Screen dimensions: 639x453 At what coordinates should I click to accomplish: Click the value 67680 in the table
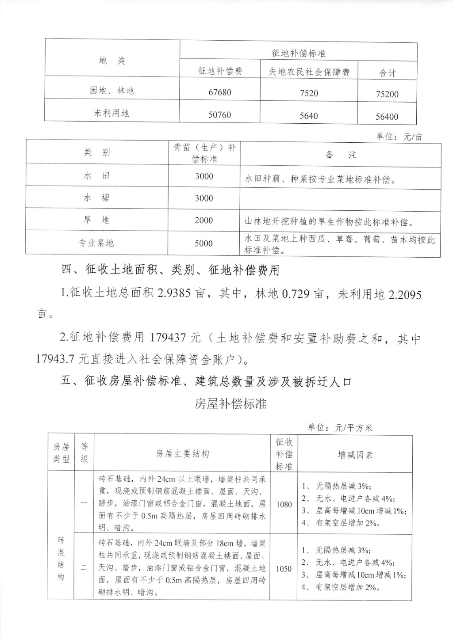(x=220, y=92)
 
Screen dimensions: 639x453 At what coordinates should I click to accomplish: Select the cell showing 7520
(x=309, y=93)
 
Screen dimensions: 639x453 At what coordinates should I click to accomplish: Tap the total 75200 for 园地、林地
(x=387, y=94)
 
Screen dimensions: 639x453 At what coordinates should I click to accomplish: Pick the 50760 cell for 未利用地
(x=220, y=115)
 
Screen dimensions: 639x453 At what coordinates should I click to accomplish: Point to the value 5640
(x=309, y=116)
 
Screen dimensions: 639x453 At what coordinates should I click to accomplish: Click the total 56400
(x=387, y=117)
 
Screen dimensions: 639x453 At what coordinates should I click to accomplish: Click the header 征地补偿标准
(x=299, y=53)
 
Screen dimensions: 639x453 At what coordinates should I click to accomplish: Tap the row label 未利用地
(x=111, y=113)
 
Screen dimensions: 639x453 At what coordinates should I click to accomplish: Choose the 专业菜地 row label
(x=96, y=243)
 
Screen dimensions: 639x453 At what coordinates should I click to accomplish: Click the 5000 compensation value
(x=204, y=243)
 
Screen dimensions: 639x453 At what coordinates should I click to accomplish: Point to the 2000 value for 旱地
(x=204, y=221)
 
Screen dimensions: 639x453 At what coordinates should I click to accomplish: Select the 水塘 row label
(x=96, y=198)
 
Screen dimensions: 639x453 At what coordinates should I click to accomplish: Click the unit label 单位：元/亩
(x=399, y=137)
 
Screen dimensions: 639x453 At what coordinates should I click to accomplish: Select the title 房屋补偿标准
(x=230, y=403)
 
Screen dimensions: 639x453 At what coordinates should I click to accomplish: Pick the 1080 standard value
(x=284, y=504)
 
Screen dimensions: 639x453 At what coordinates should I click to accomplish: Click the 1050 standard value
(x=284, y=569)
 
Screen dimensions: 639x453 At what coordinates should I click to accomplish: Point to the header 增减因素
(x=355, y=455)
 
